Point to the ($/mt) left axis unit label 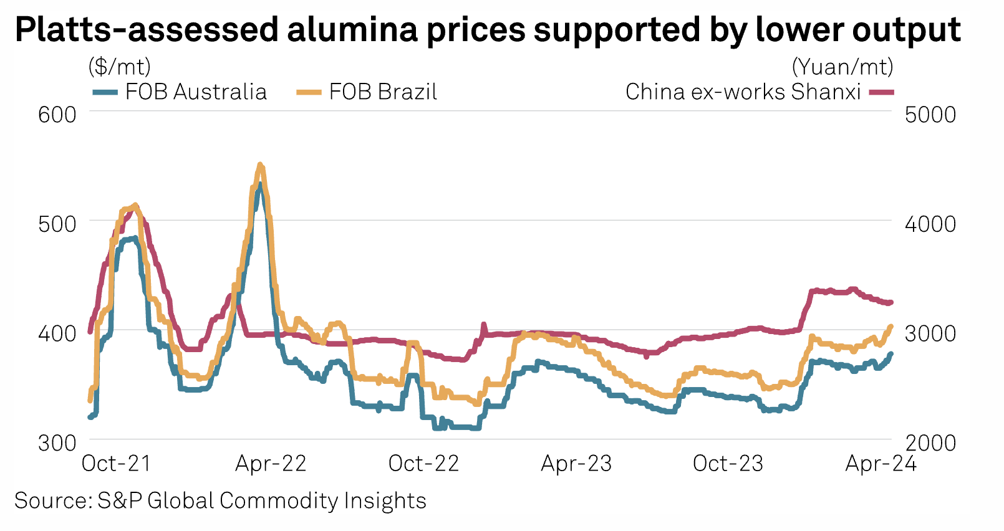click(x=120, y=66)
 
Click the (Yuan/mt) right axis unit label click(x=842, y=66)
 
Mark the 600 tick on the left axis click(x=57, y=115)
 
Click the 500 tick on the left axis click(x=57, y=224)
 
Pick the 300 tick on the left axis click(x=57, y=442)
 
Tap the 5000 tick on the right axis click(x=930, y=115)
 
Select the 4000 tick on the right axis click(x=930, y=224)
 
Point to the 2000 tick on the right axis click(x=930, y=442)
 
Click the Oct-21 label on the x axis click(x=117, y=464)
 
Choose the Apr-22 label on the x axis click(x=271, y=464)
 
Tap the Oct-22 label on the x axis click(x=423, y=464)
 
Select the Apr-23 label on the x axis click(x=576, y=464)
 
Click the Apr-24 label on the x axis click(x=881, y=464)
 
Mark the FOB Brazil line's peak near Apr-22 click(x=261, y=165)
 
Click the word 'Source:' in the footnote click(x=53, y=501)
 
